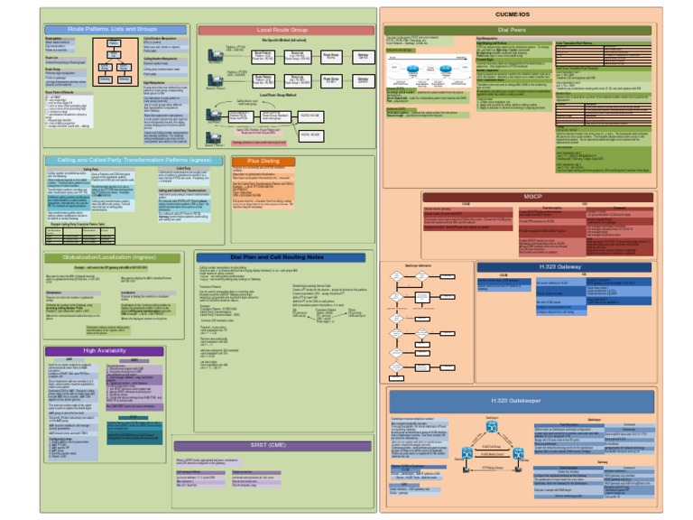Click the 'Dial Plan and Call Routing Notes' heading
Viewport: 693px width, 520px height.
pyautogui.click(x=282, y=257)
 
